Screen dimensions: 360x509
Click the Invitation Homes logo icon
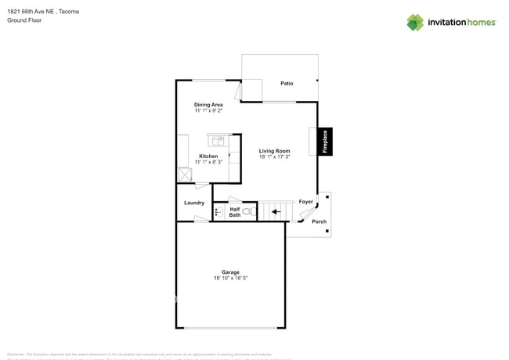414,22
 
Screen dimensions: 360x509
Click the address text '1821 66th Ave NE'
31,12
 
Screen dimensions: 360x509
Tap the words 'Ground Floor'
24,20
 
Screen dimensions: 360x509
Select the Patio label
287,83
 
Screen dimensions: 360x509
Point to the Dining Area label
208,104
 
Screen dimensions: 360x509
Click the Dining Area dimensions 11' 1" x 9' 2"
208,111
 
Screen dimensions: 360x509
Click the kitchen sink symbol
217,141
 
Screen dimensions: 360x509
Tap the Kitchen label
208,156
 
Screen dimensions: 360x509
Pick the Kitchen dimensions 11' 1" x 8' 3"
208,162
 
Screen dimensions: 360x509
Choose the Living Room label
274,151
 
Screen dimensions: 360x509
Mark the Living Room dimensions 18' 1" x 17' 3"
274,157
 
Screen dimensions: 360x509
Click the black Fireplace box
325,142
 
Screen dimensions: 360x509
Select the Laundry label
194,203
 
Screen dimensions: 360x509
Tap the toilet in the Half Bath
247,211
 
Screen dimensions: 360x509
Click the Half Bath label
235,211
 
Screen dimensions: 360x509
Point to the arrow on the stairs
274,210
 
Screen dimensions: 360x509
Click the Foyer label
305,202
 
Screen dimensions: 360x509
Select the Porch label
319,221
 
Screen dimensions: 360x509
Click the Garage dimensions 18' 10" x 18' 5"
229,279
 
